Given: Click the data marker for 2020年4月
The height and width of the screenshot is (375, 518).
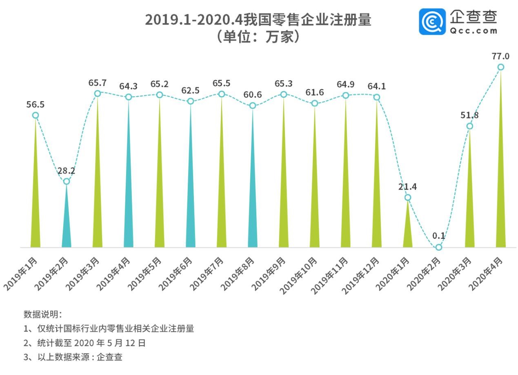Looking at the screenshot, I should pos(500,67).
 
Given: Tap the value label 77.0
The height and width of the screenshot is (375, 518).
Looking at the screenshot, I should pos(500,56).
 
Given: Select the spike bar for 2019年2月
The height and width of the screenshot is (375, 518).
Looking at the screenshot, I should pos(67,220).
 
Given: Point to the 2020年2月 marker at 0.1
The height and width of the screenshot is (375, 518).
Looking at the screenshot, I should pos(438,247).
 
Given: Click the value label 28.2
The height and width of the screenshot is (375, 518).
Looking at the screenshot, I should pos(66,170).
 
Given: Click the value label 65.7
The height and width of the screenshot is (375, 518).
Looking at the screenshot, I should pos(98,83).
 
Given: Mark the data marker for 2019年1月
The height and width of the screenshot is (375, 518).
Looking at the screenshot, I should pos(36,115).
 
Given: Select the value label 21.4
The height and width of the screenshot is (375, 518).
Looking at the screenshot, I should pos(408,187).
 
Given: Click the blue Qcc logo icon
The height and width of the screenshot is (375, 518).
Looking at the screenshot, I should pos(432,21).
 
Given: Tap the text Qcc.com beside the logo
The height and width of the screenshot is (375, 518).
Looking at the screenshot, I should pos(474,31).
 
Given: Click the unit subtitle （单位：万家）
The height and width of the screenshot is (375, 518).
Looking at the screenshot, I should pos(258,37).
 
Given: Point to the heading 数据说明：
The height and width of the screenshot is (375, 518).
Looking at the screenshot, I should pos(42,314).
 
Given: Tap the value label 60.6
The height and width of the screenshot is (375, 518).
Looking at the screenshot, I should pos(253,95).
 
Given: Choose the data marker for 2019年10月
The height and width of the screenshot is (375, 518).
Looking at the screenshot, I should pos(315,104).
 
